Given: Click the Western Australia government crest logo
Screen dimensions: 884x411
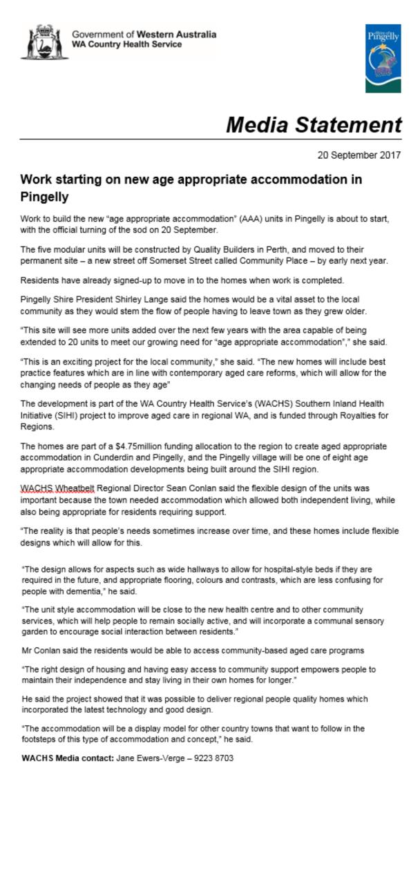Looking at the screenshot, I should (x=41, y=41).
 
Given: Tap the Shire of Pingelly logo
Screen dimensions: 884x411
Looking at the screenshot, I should (x=383, y=58).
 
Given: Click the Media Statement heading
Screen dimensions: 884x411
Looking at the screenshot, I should (x=314, y=125).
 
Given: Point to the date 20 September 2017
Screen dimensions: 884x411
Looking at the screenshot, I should (x=359, y=155).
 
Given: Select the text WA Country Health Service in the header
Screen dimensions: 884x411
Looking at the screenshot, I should (x=127, y=45).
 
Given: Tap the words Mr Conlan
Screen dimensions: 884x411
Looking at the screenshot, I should (x=39, y=652).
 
